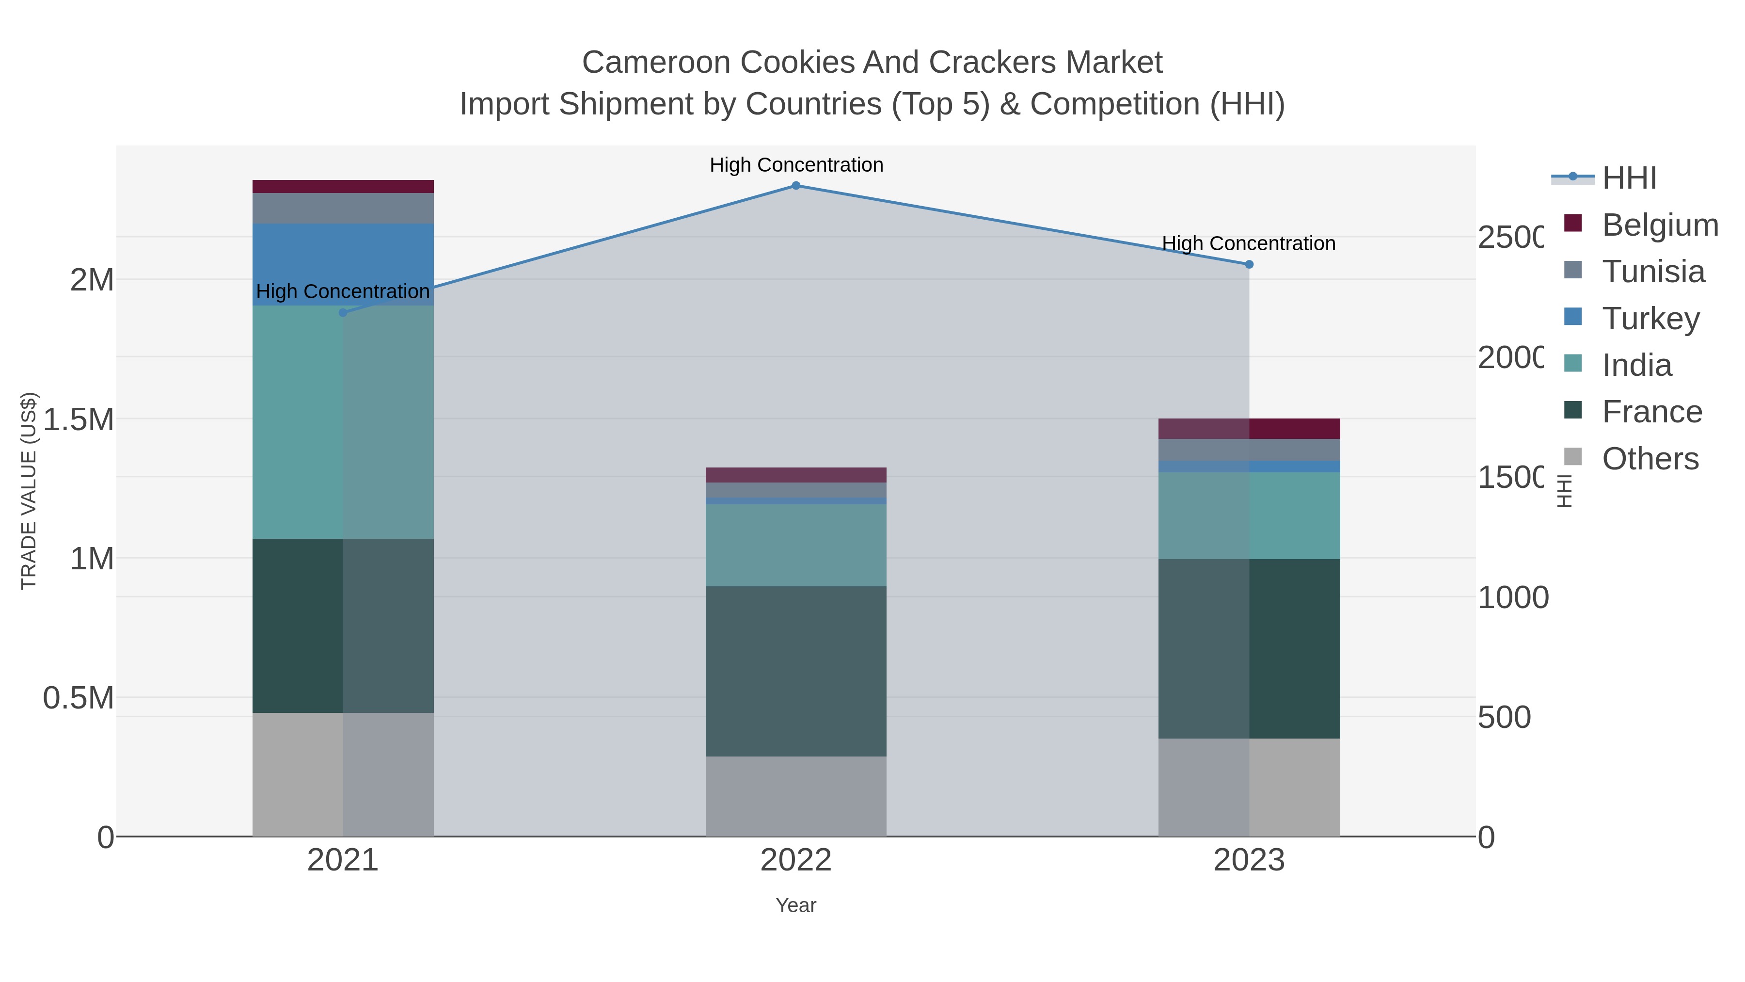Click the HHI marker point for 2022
(796, 186)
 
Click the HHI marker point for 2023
(1249, 264)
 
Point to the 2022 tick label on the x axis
(796, 861)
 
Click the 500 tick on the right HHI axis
(1504, 717)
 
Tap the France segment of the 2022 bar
(796, 671)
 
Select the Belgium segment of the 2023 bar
(1249, 429)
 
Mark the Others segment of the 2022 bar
(796, 796)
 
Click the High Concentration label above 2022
(796, 165)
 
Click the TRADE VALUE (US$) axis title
(29, 491)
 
